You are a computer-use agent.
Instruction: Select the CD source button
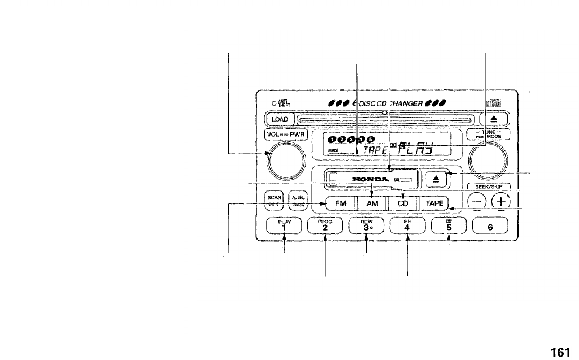tap(402, 204)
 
